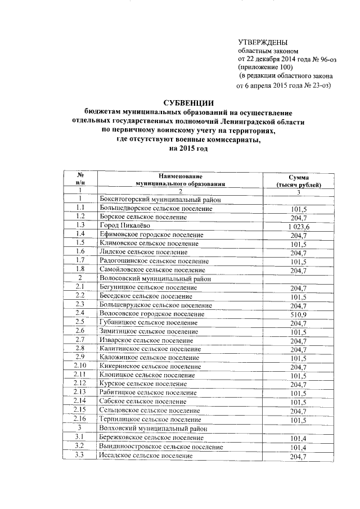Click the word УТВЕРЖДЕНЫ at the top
pyautogui.click(x=263, y=43)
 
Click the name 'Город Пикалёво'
pyautogui.click(x=124, y=226)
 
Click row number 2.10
pyautogui.click(x=80, y=367)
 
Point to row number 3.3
pyautogui.click(x=80, y=456)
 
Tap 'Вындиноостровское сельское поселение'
pyautogui.click(x=160, y=447)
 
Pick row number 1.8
pyautogui.click(x=80, y=270)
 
